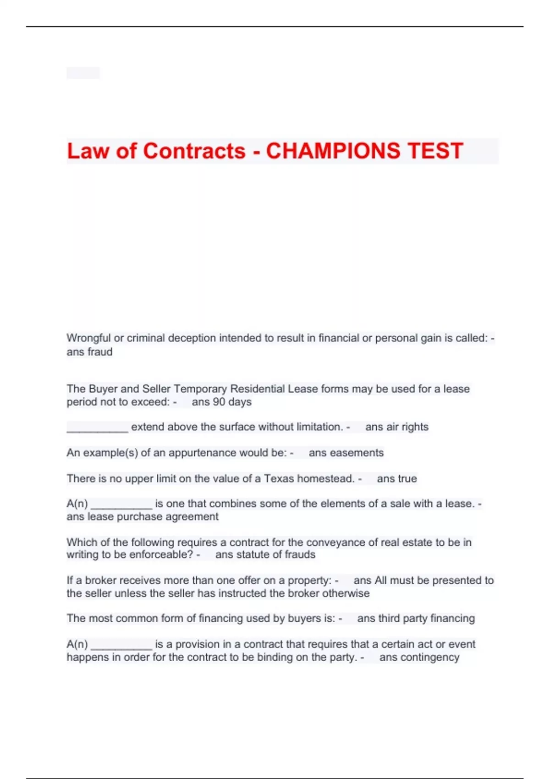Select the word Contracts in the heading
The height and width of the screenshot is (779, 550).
(x=195, y=151)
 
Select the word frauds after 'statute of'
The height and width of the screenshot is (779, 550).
(x=299, y=554)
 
